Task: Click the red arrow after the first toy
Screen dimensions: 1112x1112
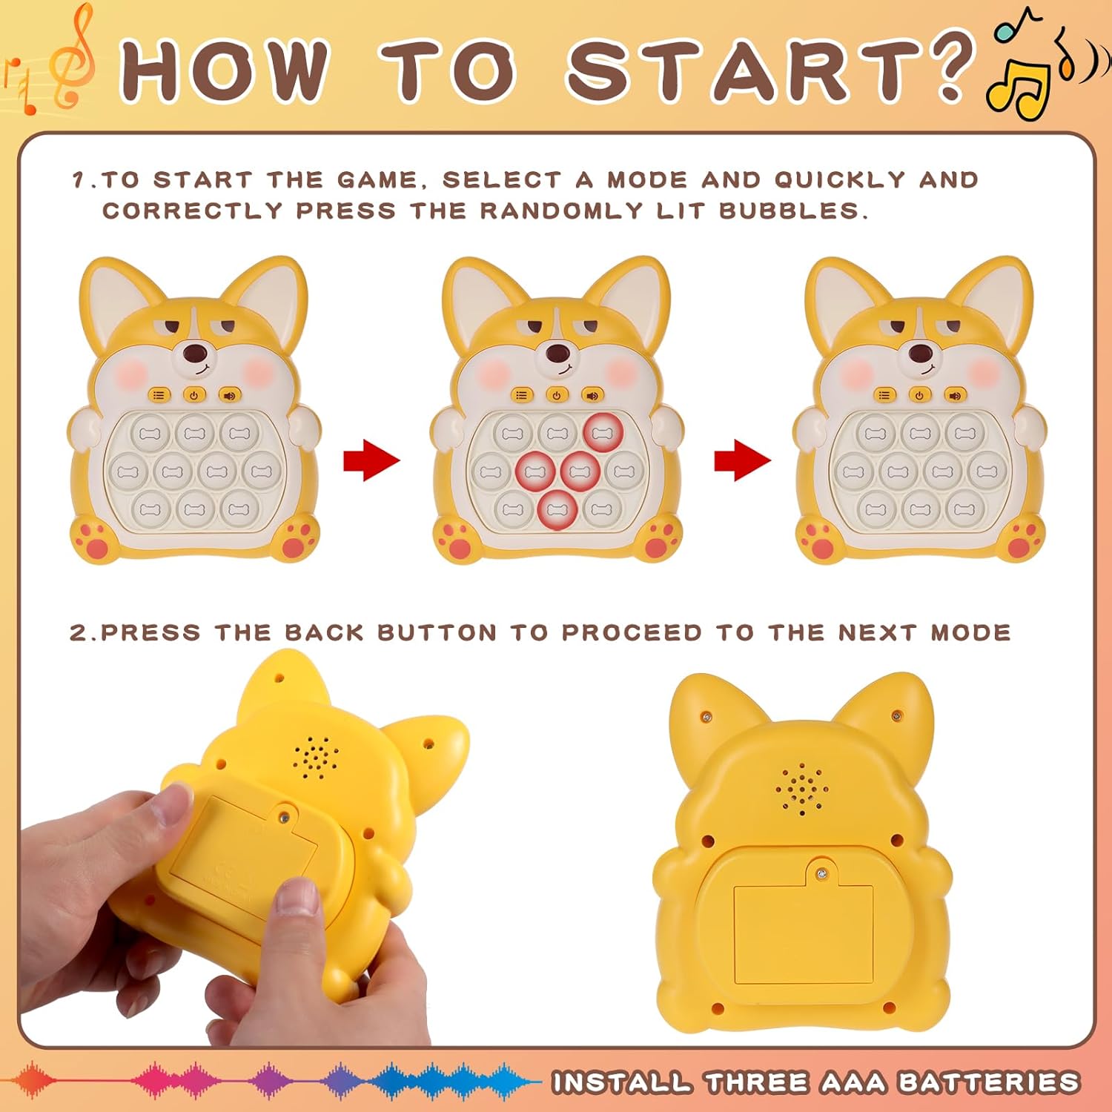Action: point(371,460)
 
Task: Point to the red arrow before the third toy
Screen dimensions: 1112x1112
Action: point(742,460)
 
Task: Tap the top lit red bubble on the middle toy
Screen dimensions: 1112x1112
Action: point(603,431)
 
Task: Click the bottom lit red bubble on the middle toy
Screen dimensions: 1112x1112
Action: point(557,510)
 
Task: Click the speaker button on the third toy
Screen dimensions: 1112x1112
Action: point(956,395)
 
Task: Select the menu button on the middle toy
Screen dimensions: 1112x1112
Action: point(522,395)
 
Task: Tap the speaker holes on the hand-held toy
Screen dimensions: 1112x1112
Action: point(316,756)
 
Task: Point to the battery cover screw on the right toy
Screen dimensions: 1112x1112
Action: point(821,875)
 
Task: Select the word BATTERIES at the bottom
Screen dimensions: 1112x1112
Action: point(987,1083)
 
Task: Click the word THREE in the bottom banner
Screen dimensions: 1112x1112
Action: point(756,1083)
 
